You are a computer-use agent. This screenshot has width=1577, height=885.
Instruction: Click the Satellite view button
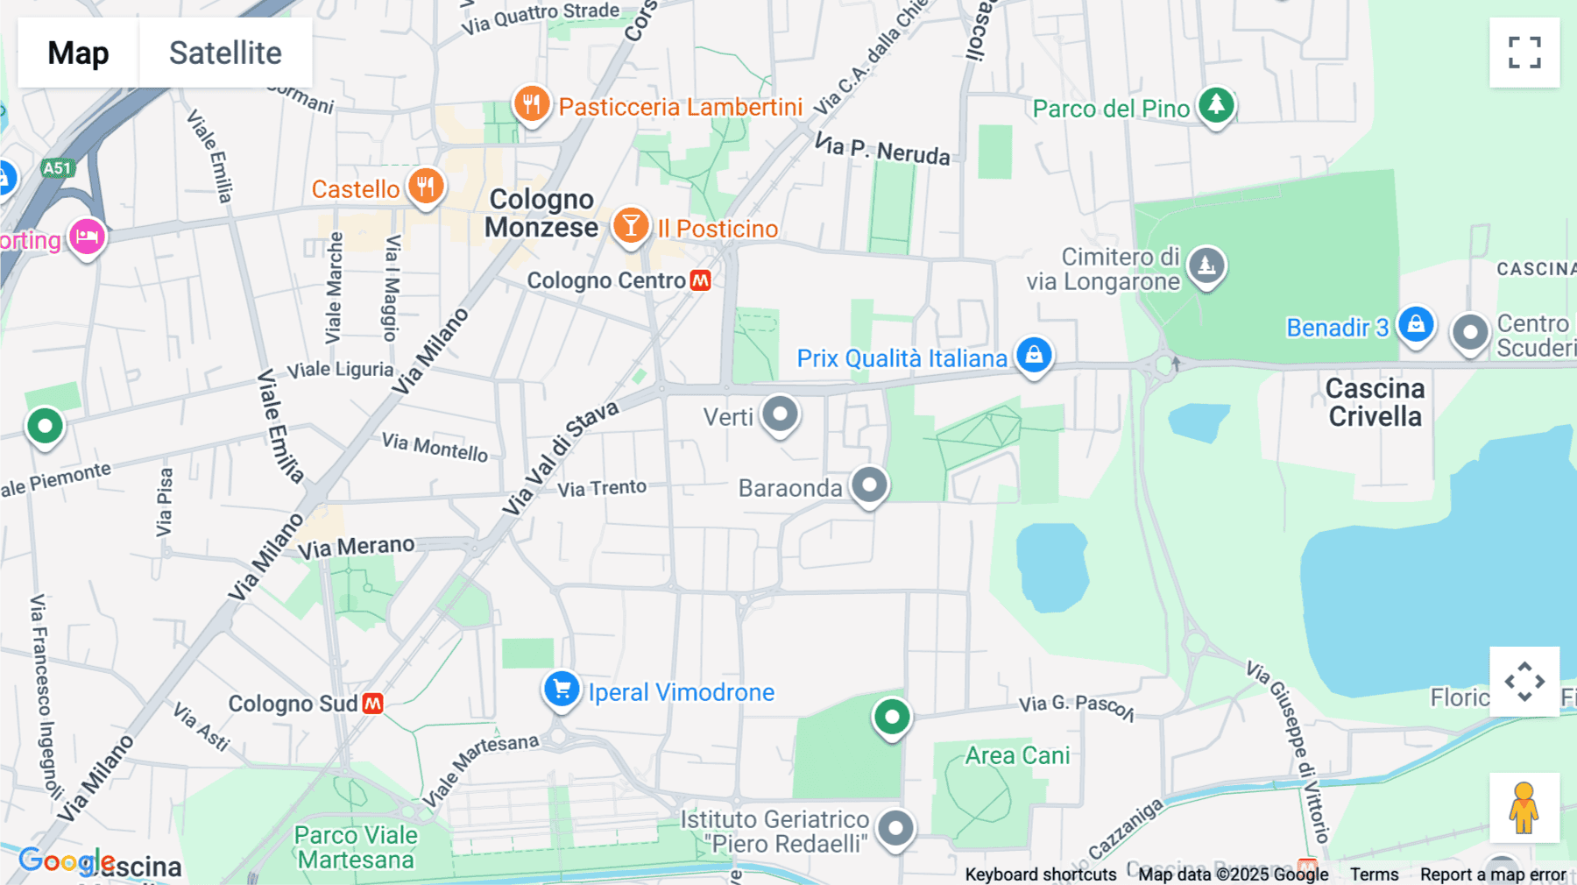click(225, 53)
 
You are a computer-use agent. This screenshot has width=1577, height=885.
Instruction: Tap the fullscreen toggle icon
click(1524, 53)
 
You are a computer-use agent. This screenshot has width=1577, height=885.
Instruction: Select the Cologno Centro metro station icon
click(700, 280)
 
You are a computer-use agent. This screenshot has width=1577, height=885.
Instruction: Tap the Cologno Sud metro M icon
click(372, 704)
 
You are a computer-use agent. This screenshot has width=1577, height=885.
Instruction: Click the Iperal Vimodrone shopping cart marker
click(562, 689)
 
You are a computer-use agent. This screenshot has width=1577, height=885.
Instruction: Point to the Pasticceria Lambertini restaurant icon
click(531, 104)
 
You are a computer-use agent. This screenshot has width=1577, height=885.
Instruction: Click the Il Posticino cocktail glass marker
click(630, 226)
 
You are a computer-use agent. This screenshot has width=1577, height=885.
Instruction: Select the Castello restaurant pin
click(426, 187)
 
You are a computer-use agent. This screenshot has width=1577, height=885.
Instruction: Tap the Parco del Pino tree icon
click(1216, 105)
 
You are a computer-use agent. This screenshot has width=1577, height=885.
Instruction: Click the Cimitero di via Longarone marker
click(1206, 265)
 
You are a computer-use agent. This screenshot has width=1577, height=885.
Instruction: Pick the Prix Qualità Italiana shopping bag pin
click(1034, 355)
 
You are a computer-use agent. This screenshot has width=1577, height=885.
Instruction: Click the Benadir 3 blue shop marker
click(1416, 325)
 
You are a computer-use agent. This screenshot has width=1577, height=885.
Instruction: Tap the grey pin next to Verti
click(780, 414)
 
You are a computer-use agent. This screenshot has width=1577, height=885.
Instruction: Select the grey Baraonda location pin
click(869, 485)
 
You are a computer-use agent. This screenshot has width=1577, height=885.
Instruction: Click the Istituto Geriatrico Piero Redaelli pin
click(895, 827)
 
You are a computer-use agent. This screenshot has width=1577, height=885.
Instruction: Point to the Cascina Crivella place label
click(1375, 402)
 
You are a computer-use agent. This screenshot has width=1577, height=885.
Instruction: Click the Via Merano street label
click(356, 547)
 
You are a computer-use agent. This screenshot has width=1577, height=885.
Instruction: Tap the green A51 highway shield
click(57, 168)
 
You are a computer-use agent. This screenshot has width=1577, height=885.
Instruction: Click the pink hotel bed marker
click(87, 237)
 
